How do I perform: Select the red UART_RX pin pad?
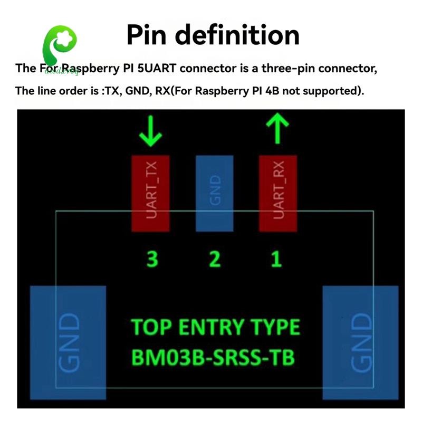[278, 193]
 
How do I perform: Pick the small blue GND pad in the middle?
[214, 193]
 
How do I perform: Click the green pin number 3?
[152, 259]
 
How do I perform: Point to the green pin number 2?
[214, 259]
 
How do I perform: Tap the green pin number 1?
[276, 259]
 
